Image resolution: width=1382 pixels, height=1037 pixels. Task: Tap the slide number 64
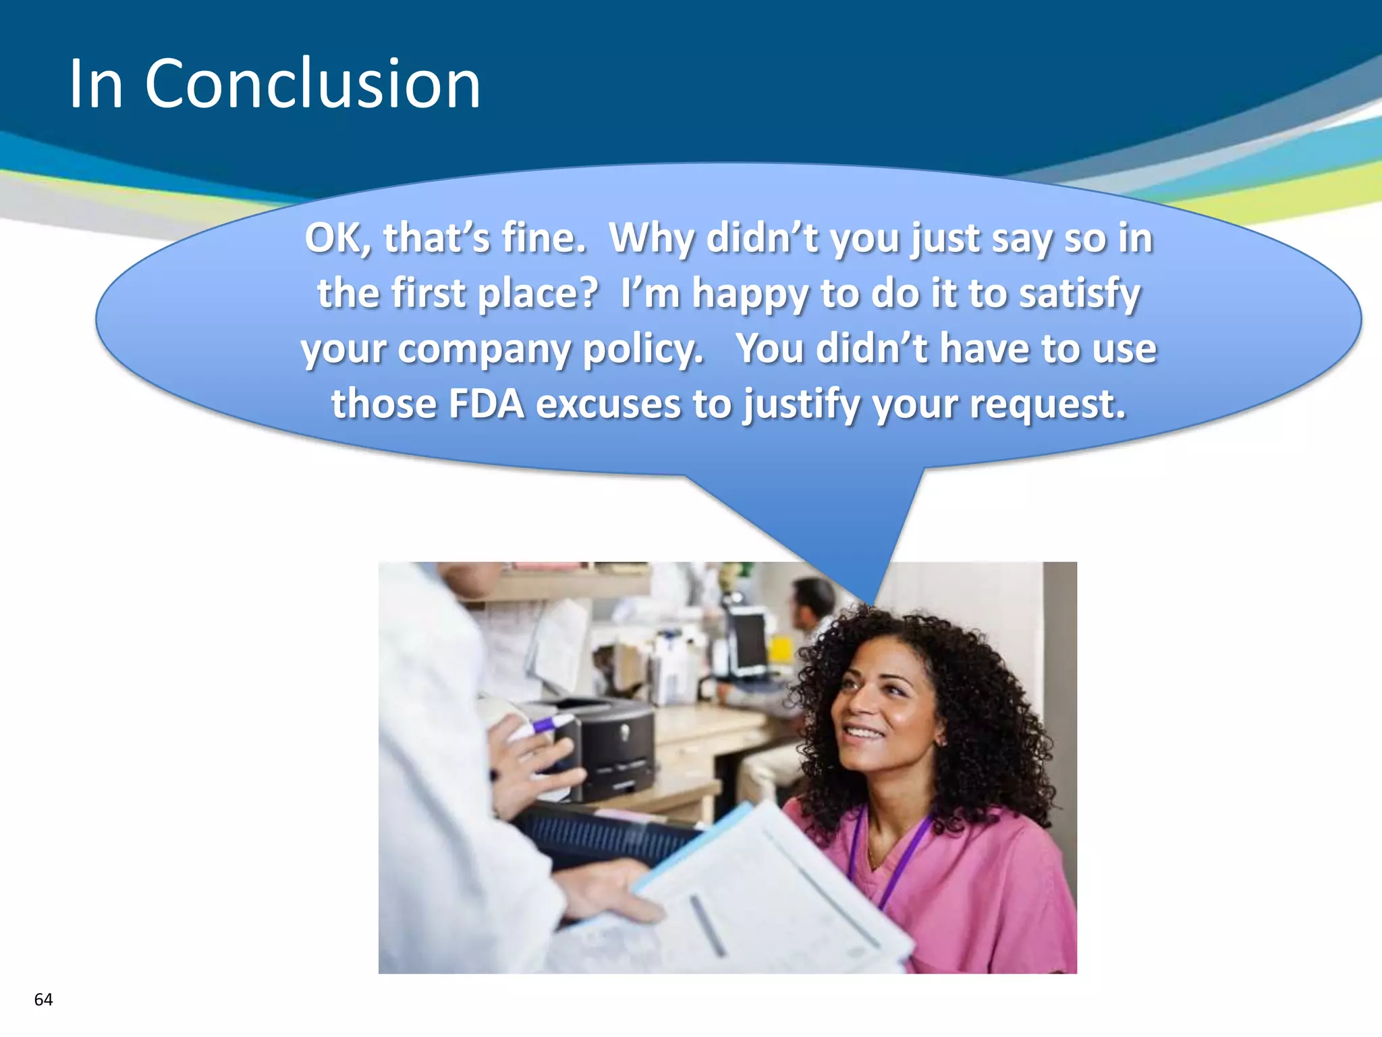(x=43, y=999)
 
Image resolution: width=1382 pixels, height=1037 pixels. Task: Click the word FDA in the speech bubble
(x=486, y=404)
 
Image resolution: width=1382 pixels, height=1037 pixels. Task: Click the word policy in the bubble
(x=642, y=348)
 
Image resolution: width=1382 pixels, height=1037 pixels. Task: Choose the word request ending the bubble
(x=1047, y=404)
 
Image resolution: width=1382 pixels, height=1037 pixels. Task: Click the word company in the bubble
(x=484, y=350)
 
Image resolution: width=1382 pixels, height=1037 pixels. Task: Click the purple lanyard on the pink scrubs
(x=901, y=857)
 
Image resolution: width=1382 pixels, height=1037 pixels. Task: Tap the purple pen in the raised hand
(x=550, y=726)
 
